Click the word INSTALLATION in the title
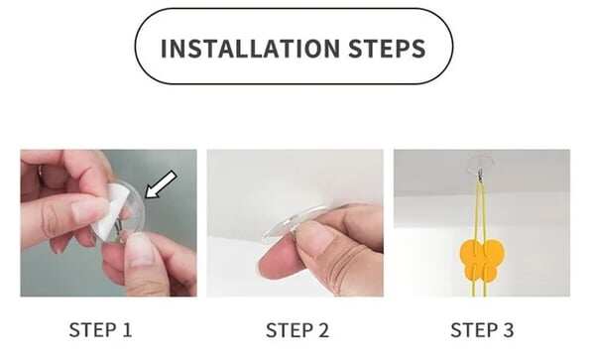(x=250, y=49)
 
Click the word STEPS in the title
(x=387, y=49)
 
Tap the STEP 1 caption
(x=100, y=330)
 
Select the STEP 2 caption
(x=297, y=330)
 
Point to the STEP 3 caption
(x=482, y=330)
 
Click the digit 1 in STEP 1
(x=128, y=330)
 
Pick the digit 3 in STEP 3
(x=509, y=330)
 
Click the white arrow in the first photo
(x=161, y=184)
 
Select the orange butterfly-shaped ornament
(x=482, y=258)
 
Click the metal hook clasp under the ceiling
(x=480, y=175)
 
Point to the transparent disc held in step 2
(x=295, y=223)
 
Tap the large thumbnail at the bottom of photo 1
(x=140, y=249)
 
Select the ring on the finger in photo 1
(x=40, y=171)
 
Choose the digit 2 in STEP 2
(x=323, y=330)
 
